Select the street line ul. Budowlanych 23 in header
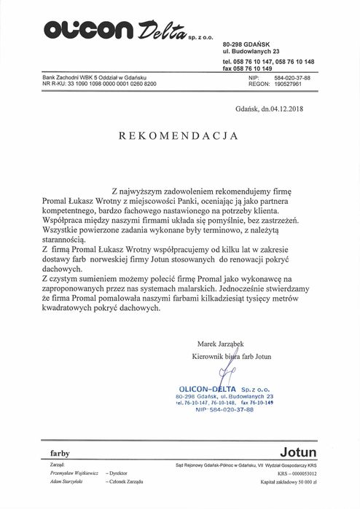[251, 52]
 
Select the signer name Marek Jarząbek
[222, 342]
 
